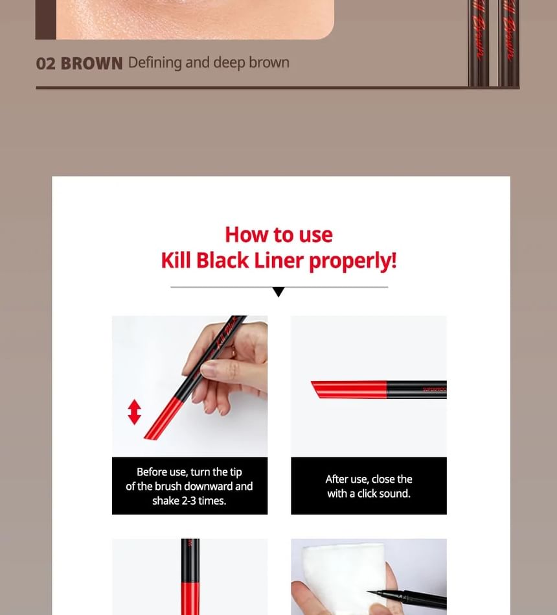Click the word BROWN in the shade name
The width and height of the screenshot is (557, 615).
[92, 64]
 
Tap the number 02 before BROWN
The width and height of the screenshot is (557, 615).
[46, 64]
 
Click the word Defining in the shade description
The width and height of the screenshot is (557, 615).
[155, 63]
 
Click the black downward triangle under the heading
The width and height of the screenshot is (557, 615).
[278, 292]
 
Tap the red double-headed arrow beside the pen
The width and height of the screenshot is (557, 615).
[134, 412]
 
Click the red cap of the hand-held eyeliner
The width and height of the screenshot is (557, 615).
[163, 418]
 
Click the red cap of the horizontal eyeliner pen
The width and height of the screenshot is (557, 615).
[348, 389]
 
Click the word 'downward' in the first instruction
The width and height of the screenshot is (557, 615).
[209, 487]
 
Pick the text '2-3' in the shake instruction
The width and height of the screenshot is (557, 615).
[189, 501]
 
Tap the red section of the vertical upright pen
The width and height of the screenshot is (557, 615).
[190, 599]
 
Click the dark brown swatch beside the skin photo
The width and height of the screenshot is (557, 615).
[46, 19]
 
